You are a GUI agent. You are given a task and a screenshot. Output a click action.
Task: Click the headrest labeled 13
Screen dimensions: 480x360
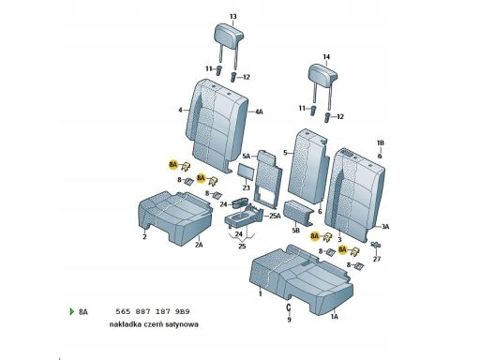click(x=229, y=35)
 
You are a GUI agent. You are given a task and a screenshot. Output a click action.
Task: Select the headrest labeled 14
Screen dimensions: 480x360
click(x=322, y=75)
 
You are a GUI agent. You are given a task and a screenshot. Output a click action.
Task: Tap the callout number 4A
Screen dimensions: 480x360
click(x=259, y=112)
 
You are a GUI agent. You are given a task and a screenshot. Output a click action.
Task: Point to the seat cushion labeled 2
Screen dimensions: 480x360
click(x=175, y=217)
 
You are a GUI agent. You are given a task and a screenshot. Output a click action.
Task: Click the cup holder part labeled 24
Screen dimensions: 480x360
click(x=240, y=202)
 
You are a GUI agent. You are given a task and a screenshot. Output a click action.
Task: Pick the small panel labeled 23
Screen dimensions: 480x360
click(x=247, y=172)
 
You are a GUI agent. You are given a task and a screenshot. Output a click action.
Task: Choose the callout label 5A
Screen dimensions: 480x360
click(x=247, y=156)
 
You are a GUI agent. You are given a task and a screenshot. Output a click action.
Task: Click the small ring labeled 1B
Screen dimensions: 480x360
click(x=380, y=156)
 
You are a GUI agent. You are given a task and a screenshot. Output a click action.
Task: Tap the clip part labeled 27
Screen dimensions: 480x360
click(x=375, y=245)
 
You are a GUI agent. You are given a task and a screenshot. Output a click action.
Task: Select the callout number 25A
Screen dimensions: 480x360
click(x=275, y=216)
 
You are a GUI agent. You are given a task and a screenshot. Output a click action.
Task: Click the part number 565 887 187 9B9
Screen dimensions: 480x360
click(x=153, y=311)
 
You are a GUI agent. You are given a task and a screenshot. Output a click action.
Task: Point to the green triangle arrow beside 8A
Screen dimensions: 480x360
click(x=72, y=311)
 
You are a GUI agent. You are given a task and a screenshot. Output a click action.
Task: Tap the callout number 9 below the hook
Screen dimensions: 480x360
click(x=289, y=320)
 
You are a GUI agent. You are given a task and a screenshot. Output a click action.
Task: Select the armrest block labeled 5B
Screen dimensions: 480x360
click(x=298, y=213)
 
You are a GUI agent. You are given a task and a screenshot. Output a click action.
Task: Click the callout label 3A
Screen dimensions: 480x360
click(x=385, y=227)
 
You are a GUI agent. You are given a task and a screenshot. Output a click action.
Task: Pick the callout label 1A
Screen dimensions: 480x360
click(x=334, y=317)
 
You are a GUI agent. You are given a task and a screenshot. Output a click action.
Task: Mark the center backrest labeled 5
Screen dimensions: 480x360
click(x=308, y=166)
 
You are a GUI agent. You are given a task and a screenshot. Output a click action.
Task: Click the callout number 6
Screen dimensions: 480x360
click(x=320, y=212)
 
